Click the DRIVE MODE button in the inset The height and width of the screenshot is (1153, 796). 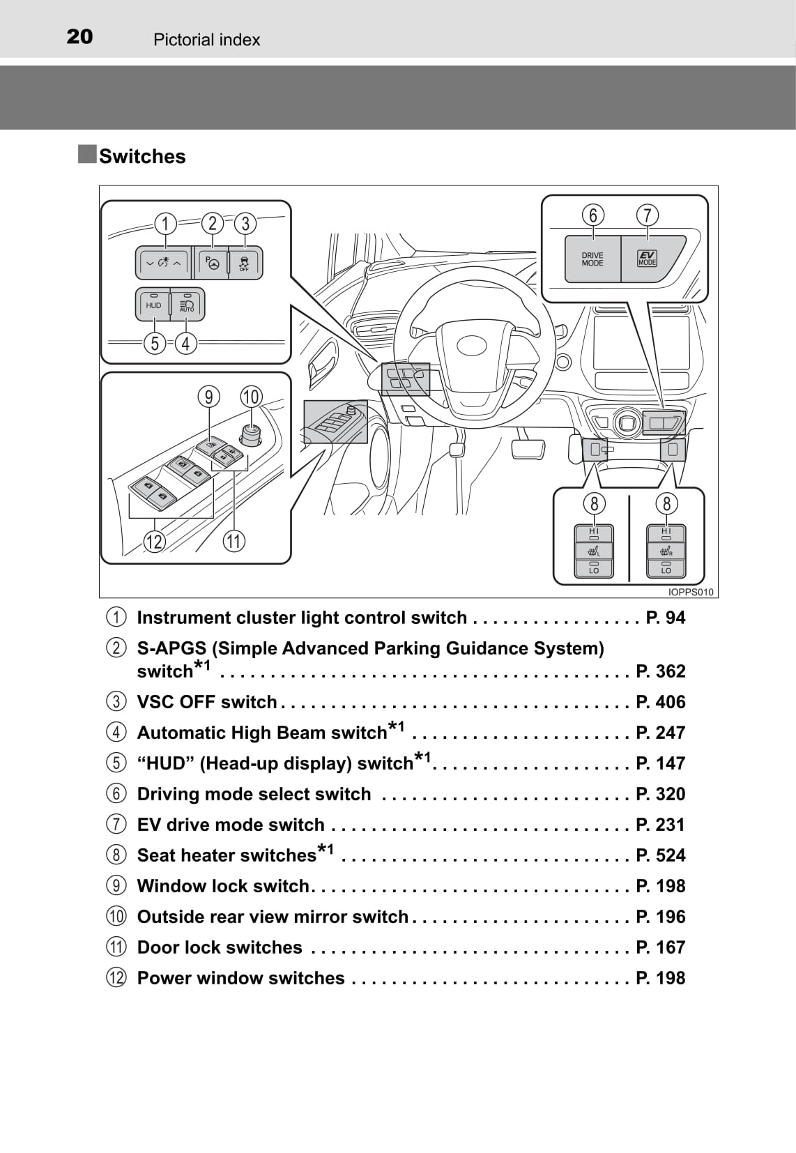pos(592,259)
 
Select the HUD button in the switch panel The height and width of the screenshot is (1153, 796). pos(153,305)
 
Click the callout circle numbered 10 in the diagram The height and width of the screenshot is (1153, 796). pos(251,397)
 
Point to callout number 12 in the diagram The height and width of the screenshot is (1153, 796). pos(153,541)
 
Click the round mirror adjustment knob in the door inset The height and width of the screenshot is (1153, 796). pos(250,434)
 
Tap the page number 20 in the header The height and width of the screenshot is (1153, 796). pos(79,36)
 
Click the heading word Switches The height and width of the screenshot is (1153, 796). pos(142,156)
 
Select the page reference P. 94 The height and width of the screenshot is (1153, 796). pos(666,618)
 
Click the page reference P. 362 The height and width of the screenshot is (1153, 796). pos(661,671)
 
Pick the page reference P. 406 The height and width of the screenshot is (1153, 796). pos(661,701)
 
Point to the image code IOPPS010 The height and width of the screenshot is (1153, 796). pos(691,592)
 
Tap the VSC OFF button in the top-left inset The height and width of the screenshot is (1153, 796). pos(245,263)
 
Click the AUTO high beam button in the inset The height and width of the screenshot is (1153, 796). pos(187,305)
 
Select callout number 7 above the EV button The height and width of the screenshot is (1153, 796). pos(648,215)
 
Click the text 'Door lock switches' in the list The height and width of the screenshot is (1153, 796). pos(220,947)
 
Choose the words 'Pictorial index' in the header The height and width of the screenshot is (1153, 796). pos(206,40)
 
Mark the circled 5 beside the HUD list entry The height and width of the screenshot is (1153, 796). pos(116,763)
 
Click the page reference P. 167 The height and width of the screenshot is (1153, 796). pos(661,947)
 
